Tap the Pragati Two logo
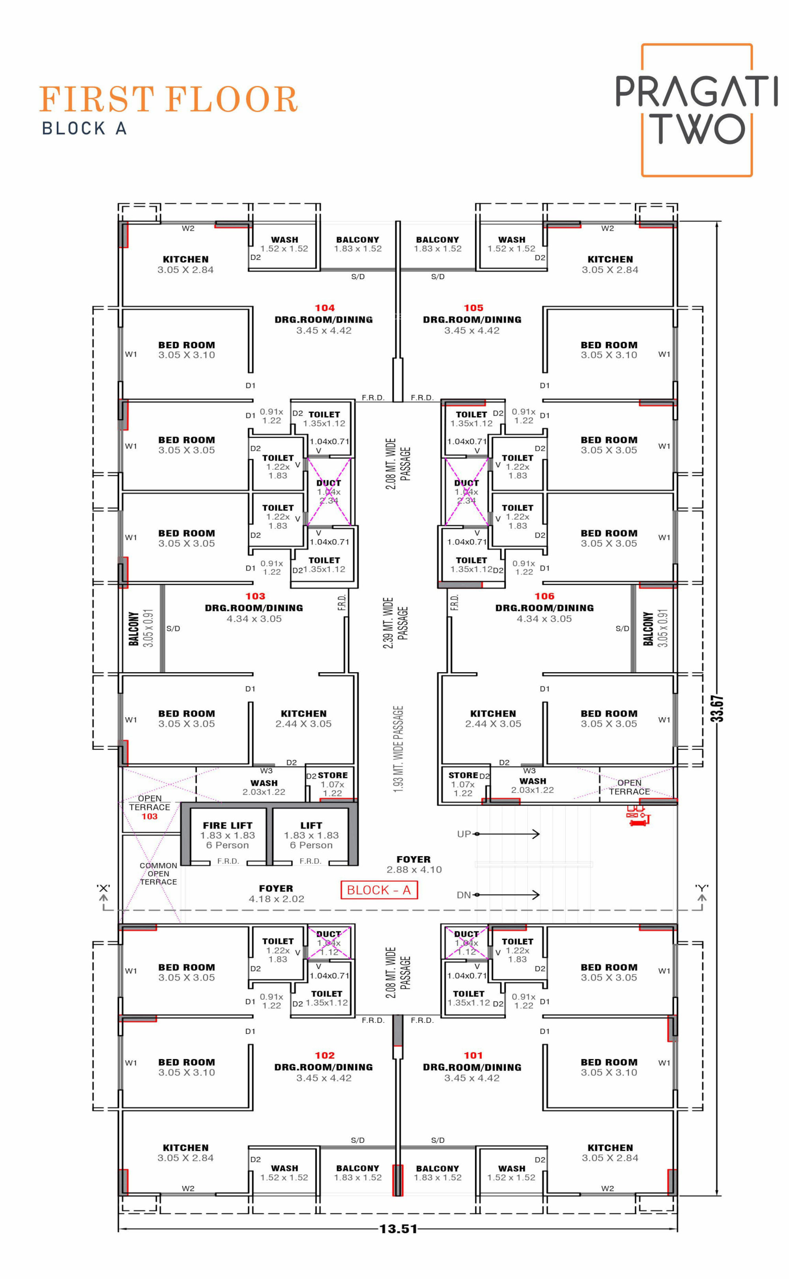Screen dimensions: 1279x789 coord(696,110)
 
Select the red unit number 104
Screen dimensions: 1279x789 coord(325,308)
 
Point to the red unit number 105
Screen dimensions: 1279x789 coord(473,308)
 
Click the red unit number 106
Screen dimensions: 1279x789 coord(544,596)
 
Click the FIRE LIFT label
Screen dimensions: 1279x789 coord(228,825)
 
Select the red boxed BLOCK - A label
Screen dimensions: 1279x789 coord(379,890)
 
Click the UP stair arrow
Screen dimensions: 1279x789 coord(506,834)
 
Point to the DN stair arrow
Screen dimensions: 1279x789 coord(506,895)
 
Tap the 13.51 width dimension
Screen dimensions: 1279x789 coord(398,1229)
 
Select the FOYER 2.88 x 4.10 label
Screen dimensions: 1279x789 coord(414,865)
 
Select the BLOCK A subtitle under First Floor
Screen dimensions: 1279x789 coord(84,128)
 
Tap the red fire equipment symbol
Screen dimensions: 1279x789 coord(638,816)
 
